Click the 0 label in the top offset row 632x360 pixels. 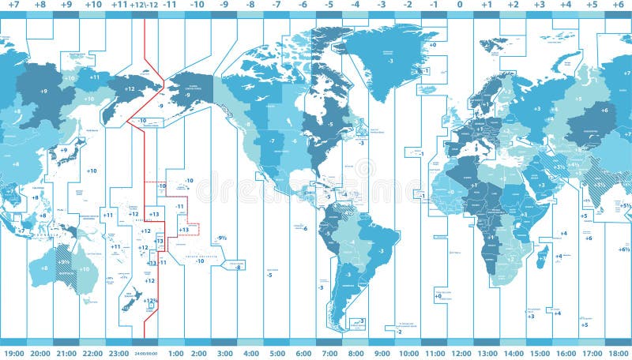point(460,5)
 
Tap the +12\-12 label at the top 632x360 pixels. point(145,5)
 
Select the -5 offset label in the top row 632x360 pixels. point(329,5)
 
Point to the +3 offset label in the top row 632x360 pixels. point(539,5)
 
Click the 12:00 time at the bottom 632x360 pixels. point(460,353)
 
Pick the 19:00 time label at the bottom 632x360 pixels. point(14,353)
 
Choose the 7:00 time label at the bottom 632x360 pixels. point(329,353)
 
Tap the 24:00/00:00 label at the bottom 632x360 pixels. point(145,354)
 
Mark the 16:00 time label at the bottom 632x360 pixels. point(565,353)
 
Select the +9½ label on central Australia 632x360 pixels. point(64,262)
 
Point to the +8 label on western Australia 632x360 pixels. point(43,268)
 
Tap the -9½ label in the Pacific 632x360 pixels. point(222,238)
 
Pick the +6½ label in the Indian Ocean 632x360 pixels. point(624,249)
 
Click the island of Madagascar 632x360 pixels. point(543,256)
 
